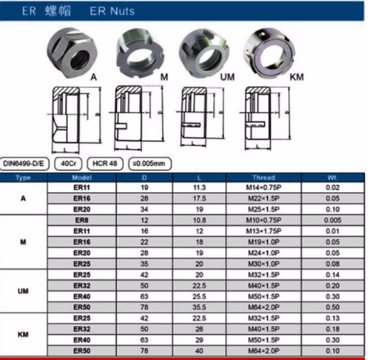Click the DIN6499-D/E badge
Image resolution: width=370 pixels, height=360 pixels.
click(x=24, y=162)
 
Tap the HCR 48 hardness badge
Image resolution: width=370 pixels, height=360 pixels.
click(x=104, y=162)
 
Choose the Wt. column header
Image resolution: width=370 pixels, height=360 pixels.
click(x=333, y=179)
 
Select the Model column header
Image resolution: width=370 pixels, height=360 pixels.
click(x=81, y=179)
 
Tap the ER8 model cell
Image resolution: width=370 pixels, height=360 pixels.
click(x=81, y=221)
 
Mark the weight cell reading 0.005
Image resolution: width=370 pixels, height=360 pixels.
click(x=333, y=221)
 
